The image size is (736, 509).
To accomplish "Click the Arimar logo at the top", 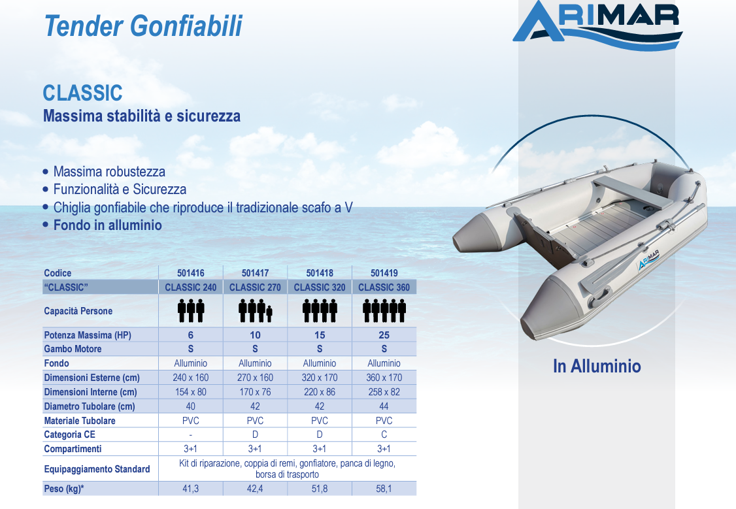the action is [x=597, y=25].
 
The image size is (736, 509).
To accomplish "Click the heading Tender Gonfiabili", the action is [x=143, y=25].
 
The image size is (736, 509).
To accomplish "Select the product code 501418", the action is [x=320, y=273].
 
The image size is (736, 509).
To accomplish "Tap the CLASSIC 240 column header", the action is [x=191, y=287].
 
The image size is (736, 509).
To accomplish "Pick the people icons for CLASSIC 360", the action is [x=384, y=311].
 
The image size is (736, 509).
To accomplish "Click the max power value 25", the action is [x=384, y=335].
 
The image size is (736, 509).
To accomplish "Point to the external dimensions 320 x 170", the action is [x=320, y=378].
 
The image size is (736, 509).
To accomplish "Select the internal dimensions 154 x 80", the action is [x=191, y=392].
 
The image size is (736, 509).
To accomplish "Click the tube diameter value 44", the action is [x=384, y=406].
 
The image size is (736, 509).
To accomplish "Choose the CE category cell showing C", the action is [x=384, y=435].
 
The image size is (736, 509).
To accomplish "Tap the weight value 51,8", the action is [x=320, y=489].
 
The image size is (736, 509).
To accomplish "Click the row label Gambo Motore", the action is [x=73, y=349].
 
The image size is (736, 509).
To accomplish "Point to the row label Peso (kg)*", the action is [x=64, y=489].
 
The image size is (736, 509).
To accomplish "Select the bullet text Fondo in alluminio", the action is [x=107, y=225].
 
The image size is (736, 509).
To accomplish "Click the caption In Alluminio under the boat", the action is [x=597, y=366].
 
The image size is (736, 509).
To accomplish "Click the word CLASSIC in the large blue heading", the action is [x=82, y=93].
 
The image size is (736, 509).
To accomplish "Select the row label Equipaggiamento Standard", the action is [x=97, y=469].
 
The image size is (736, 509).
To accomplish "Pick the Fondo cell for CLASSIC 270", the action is [x=255, y=363].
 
